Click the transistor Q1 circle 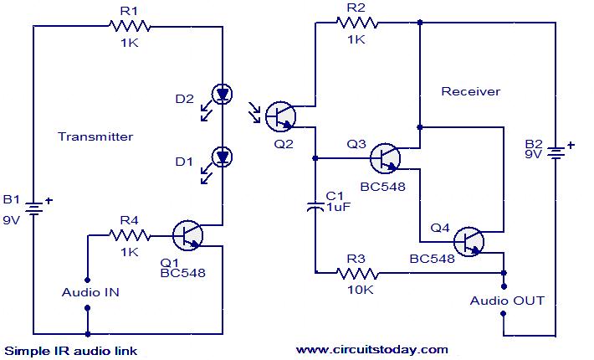point(189,236)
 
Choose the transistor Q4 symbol point(470,241)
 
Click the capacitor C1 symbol point(315,205)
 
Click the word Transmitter point(95,136)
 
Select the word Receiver point(471,91)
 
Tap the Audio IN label point(90,292)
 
